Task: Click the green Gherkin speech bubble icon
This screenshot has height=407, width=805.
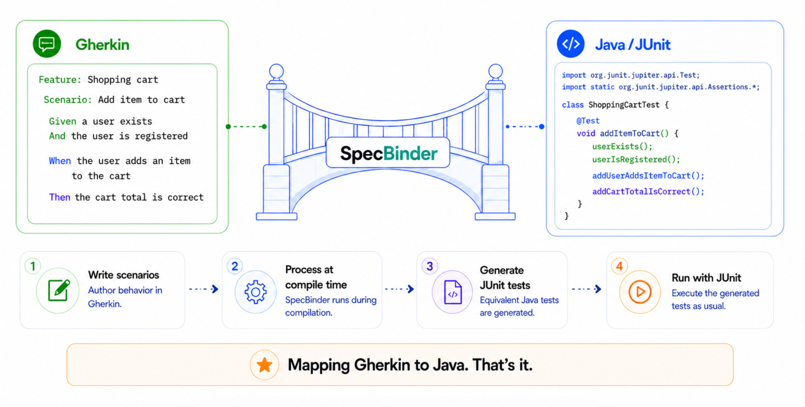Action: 47,44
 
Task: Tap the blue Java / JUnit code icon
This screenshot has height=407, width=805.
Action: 571,44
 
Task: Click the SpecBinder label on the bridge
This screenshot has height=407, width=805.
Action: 389,154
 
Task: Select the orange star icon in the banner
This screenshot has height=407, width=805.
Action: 264,365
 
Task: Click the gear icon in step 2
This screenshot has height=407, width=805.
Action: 255,291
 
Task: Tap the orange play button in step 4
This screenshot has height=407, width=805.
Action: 639,291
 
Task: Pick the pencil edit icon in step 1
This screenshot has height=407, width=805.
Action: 59,290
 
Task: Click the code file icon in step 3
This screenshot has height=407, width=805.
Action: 453,292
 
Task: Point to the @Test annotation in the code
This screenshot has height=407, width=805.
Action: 588,120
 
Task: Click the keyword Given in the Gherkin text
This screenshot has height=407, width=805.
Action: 62,121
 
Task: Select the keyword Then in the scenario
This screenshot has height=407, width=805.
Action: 60,197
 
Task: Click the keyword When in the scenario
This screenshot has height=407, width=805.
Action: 60,161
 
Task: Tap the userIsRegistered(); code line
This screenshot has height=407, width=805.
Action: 636,159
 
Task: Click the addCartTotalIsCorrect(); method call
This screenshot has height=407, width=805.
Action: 648,191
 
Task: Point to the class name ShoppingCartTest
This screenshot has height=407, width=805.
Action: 624,105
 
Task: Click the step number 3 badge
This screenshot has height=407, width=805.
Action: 429,266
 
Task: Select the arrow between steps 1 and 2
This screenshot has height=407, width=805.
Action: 204,289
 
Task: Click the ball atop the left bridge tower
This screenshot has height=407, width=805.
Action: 276,71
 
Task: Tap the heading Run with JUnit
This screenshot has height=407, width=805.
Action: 706,277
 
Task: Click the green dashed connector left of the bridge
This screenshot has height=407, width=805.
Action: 246,126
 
